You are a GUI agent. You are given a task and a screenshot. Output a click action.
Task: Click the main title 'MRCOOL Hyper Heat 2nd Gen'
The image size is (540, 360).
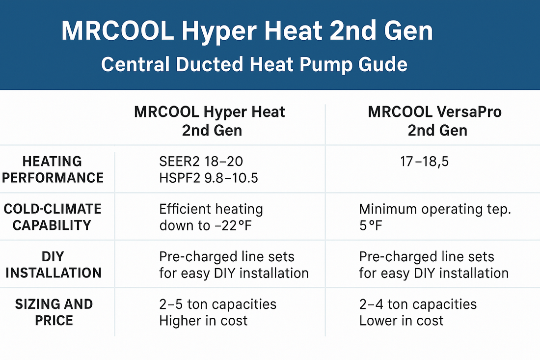click(x=247, y=31)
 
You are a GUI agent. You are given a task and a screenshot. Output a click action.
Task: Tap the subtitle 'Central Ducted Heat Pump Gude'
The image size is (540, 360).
click(x=254, y=64)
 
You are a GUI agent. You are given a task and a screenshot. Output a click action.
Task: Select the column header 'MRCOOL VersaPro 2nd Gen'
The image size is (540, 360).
click(x=434, y=121)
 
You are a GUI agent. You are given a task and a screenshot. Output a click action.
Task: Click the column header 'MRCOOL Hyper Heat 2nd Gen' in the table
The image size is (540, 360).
click(x=209, y=121)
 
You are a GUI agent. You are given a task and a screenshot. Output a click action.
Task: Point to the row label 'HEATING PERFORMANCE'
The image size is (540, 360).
click(x=53, y=169)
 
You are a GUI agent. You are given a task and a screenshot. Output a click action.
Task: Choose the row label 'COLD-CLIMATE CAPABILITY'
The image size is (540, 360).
click(x=53, y=217)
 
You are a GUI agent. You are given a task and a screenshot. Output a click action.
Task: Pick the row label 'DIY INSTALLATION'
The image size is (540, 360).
click(x=53, y=265)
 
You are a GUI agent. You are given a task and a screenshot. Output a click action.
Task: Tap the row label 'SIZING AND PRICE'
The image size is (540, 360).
click(x=54, y=312)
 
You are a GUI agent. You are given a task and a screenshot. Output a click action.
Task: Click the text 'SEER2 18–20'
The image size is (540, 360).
click(x=201, y=162)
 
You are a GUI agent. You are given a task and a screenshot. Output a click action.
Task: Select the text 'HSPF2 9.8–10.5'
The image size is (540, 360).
click(x=209, y=177)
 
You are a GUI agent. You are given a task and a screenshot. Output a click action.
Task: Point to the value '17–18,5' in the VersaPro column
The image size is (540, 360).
click(x=424, y=162)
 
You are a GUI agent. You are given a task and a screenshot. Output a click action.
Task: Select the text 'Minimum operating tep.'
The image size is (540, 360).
click(x=435, y=209)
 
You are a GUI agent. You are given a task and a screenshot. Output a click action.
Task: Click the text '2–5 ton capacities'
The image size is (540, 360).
click(x=217, y=305)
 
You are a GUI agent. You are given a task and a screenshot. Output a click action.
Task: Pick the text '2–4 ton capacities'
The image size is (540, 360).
click(x=418, y=305)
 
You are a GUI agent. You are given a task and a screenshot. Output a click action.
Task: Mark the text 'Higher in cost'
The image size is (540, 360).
click(x=203, y=321)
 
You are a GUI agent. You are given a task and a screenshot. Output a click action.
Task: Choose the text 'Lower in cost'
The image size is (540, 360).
click(x=401, y=321)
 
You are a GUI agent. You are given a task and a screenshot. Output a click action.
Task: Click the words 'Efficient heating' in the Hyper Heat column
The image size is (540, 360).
click(x=211, y=209)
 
